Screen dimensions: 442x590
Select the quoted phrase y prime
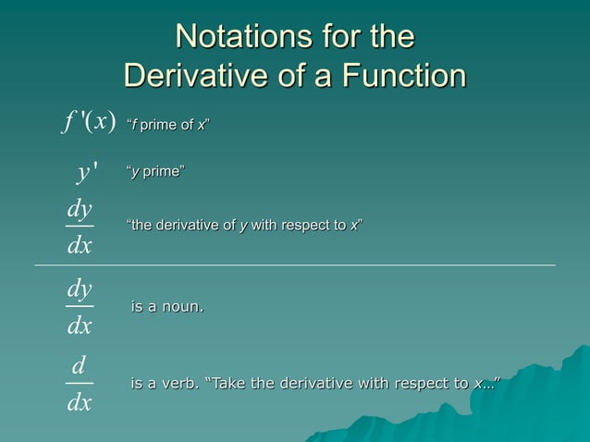pos(154,172)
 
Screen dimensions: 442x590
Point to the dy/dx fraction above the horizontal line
pos(80,227)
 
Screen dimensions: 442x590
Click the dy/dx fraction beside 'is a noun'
pos(80,306)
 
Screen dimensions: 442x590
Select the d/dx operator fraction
pos(80,384)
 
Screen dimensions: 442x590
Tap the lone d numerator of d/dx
pos(80,367)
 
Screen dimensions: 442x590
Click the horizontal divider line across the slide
pos(296,265)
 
